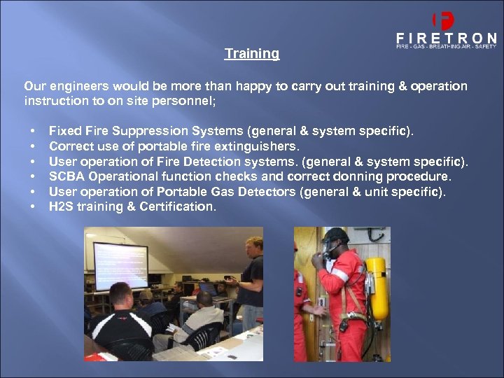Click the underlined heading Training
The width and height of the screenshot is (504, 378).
(x=251, y=54)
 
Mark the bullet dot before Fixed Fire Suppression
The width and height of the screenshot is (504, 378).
(x=32, y=131)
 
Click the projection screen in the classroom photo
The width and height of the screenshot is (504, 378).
(x=120, y=265)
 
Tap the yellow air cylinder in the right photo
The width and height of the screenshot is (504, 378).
(x=377, y=287)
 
